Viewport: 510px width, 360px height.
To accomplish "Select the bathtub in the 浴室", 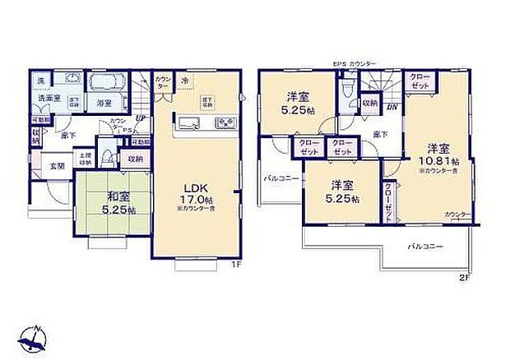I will [x=105, y=84].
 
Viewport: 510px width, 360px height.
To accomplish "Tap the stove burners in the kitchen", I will [x=225, y=123].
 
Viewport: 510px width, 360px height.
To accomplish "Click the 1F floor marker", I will [x=234, y=265].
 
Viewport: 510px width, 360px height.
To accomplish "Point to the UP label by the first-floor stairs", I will [x=141, y=118].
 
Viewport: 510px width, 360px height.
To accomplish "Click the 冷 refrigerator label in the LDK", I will [x=185, y=80].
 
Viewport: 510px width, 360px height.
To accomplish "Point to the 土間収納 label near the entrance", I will [x=85, y=159].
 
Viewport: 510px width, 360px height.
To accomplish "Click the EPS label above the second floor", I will [x=337, y=63].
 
